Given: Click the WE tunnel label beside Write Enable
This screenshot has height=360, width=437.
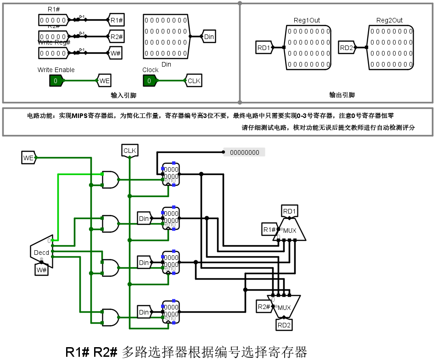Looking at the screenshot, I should (104, 81).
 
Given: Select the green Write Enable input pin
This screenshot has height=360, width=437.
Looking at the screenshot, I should (56, 81).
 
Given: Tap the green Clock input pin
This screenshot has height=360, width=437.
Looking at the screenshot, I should (149, 81).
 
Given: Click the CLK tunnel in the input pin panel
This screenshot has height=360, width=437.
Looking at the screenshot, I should (194, 81).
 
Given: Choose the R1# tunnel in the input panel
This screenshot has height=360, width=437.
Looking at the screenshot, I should (116, 20).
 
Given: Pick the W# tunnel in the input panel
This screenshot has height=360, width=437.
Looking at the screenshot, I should (116, 53).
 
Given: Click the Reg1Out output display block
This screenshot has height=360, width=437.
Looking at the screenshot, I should (307, 48).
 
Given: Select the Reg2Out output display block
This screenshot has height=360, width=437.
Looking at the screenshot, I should (390, 48).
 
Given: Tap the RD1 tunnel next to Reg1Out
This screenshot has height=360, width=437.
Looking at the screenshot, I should (263, 47).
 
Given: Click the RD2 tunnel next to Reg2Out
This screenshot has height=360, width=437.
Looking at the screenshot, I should (347, 47).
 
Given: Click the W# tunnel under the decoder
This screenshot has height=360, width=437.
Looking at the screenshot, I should (41, 270).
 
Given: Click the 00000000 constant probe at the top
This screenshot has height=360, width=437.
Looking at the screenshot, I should (244, 152).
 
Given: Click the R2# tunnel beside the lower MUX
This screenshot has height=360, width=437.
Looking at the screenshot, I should (263, 307).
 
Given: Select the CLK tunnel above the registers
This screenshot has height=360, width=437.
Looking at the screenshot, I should (130, 150).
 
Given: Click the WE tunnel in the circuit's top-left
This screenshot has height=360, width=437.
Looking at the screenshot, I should (28, 158).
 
